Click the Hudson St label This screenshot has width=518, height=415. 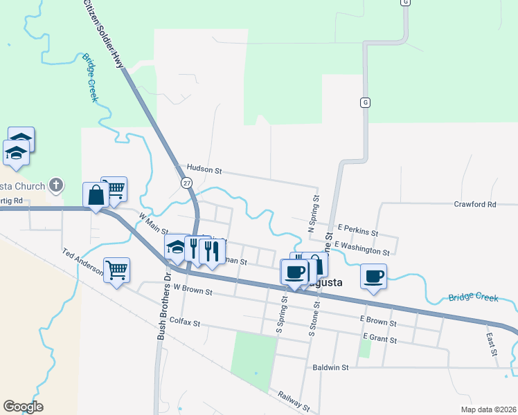(x=204, y=169)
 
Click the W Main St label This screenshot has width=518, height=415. (x=154, y=223)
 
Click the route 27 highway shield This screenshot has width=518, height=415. (x=187, y=183)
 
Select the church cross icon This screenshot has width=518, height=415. (x=56, y=185)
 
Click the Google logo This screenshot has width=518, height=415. (x=23, y=407)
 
